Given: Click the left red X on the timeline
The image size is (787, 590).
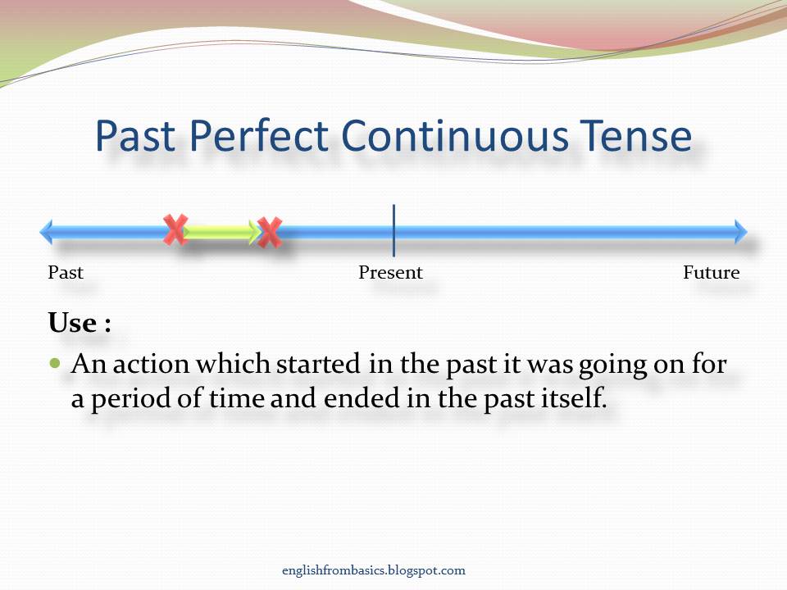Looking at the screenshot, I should pyautogui.click(x=175, y=229).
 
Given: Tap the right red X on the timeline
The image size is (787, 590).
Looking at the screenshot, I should pyautogui.click(x=269, y=233).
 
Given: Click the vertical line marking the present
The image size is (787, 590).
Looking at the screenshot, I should pyautogui.click(x=393, y=231).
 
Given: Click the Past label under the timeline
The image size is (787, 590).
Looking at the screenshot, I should pyautogui.click(x=66, y=273).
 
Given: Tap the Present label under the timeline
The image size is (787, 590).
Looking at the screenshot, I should pyautogui.click(x=390, y=273).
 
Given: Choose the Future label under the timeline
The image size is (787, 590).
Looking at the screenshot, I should pyautogui.click(x=711, y=273).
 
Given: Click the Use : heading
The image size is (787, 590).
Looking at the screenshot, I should pyautogui.click(x=80, y=323).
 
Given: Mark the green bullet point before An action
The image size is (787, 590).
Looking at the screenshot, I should pyautogui.click(x=56, y=362).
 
